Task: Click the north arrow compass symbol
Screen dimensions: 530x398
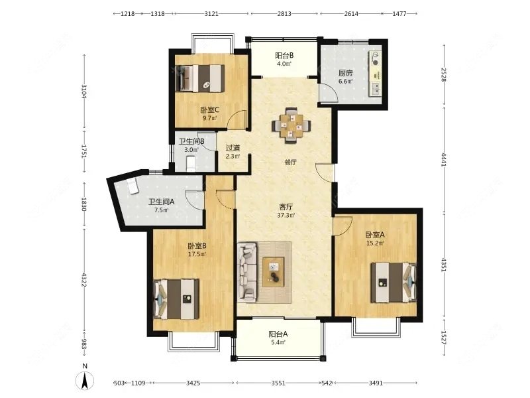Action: click(x=85, y=381)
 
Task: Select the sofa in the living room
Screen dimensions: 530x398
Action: click(x=247, y=272)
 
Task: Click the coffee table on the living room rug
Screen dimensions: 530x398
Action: click(x=274, y=272)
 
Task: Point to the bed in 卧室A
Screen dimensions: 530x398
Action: click(x=393, y=283)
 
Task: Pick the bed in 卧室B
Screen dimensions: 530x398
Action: click(x=176, y=299)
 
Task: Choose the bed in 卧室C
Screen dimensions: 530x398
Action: click(x=200, y=78)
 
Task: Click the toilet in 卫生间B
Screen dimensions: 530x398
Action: click(x=191, y=163)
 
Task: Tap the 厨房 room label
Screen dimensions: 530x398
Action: click(x=345, y=73)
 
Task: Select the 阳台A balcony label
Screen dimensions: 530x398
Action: click(x=278, y=334)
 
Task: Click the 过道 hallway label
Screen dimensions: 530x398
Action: click(x=233, y=148)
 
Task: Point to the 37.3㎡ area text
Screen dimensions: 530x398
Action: click(x=286, y=215)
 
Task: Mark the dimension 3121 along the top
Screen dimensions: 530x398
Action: click(x=211, y=13)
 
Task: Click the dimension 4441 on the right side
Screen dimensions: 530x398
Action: click(x=444, y=159)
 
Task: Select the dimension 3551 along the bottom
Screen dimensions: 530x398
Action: click(x=278, y=383)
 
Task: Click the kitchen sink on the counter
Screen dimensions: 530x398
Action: click(x=376, y=89)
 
